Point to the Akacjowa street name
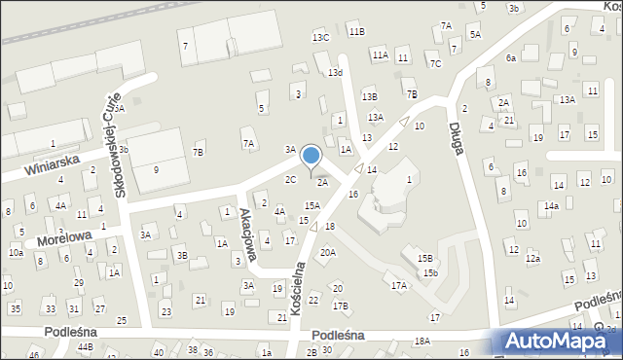click(248, 237)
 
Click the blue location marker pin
click(311, 156)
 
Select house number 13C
click(320, 37)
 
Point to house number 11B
click(357, 31)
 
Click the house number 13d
click(335, 73)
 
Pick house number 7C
click(436, 64)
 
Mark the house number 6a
click(511, 58)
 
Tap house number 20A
click(328, 253)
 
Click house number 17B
click(340, 306)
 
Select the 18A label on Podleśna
click(421, 341)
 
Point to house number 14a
click(551, 205)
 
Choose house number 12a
click(532, 259)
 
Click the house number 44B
click(86, 347)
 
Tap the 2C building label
click(290, 179)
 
